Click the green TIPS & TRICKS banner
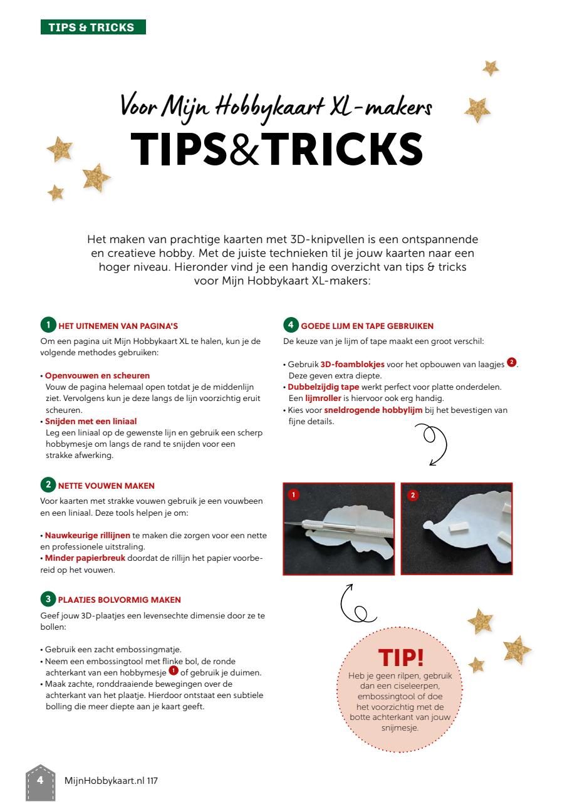[x=93, y=27]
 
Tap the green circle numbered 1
[x=48, y=325]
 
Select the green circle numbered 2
[x=48, y=485]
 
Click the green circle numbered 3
[x=48, y=598]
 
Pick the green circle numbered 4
[x=291, y=325]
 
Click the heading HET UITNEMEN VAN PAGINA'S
[x=118, y=326]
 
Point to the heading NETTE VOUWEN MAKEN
[x=107, y=486]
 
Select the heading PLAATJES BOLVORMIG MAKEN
[x=120, y=600]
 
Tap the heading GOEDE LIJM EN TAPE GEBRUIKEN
[x=367, y=326]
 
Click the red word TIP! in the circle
[x=401, y=657]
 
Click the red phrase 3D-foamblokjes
[x=353, y=365]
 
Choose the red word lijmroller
[x=323, y=398]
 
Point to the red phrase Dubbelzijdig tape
[x=323, y=387]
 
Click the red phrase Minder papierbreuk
[x=85, y=558]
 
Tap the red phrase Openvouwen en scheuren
[x=97, y=375]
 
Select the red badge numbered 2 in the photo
[x=413, y=495]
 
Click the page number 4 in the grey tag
[x=41, y=780]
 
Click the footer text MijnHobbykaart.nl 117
[x=111, y=781]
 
